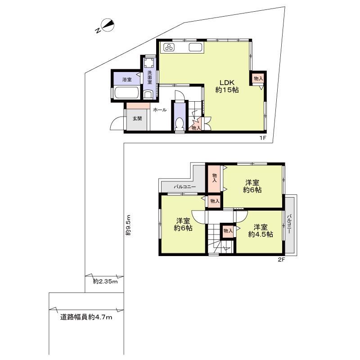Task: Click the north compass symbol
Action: coord(106,26)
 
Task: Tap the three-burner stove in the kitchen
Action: coord(170,47)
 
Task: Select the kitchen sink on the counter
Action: coord(195,47)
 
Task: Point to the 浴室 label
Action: coord(127,80)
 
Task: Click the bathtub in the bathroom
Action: coord(126,93)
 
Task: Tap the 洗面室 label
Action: coord(150,77)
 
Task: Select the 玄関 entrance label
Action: coord(137,118)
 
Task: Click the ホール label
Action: coord(160,110)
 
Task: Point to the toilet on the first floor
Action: coord(179,124)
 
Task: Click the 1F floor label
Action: coord(263,138)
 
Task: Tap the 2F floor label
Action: coord(282,260)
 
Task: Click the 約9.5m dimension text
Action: coord(128,225)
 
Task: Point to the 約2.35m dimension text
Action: coord(105,281)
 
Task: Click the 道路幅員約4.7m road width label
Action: coord(86,317)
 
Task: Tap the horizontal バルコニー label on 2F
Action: coord(185,187)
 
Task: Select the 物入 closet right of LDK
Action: coord(258,79)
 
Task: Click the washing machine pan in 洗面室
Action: coord(150,62)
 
